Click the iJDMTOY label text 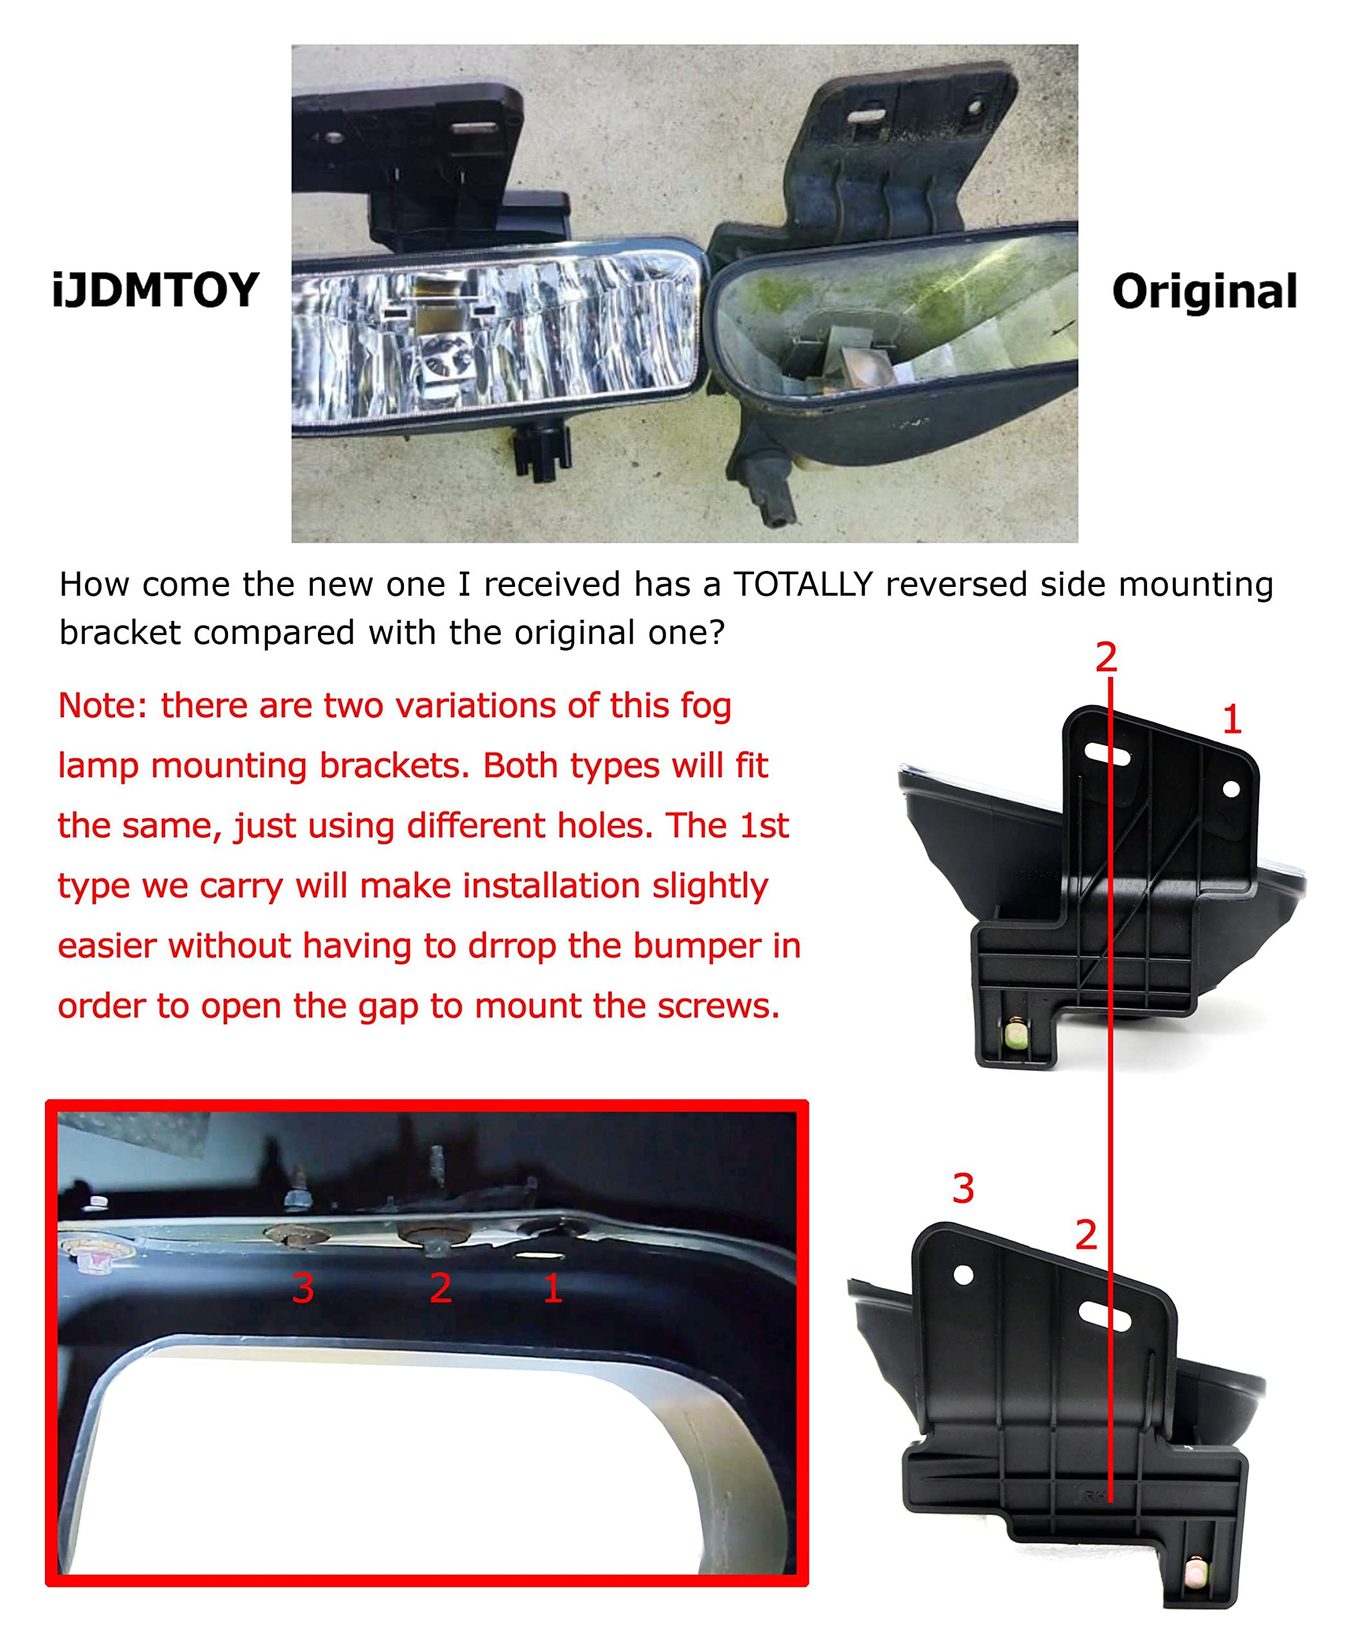pos(155,290)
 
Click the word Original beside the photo pos(1204,292)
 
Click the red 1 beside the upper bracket pos(1231,719)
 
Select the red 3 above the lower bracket pos(963,1189)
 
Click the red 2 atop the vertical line pos(1105,657)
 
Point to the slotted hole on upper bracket pos(1107,755)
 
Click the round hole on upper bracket pos(1231,789)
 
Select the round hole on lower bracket pos(963,1275)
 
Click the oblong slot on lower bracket pos(1104,1316)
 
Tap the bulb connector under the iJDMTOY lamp pos(540,454)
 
